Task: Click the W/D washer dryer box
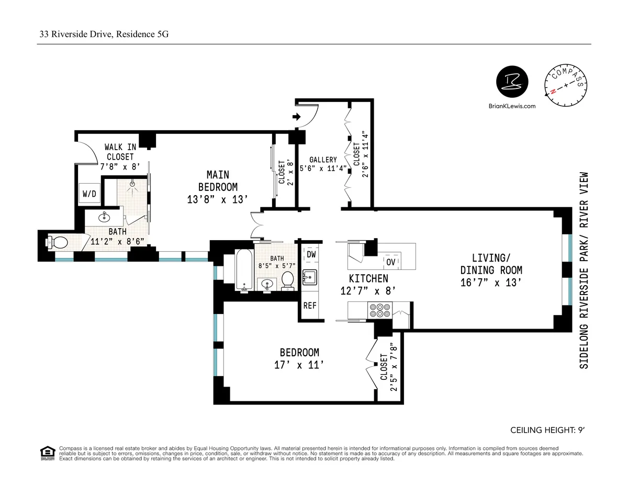tap(89, 194)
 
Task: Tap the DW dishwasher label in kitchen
tap(311, 254)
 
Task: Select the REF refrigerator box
tap(310, 306)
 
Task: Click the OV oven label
tap(391, 262)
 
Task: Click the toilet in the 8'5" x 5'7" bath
tap(287, 281)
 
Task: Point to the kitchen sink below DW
tap(309, 277)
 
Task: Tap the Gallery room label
tap(323, 160)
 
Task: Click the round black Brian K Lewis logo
tap(512, 83)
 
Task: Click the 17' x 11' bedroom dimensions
tap(299, 366)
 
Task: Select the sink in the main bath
tap(104, 216)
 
